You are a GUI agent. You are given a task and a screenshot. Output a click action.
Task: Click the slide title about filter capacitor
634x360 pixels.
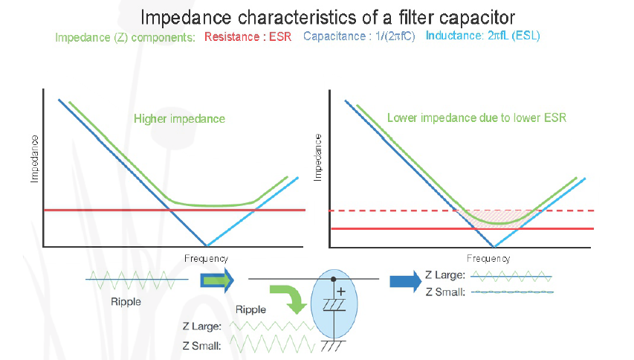tap(328, 17)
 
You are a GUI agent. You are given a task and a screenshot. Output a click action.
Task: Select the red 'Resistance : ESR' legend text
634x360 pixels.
tap(248, 36)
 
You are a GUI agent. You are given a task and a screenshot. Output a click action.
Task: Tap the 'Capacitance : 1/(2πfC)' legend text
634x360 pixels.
tap(359, 36)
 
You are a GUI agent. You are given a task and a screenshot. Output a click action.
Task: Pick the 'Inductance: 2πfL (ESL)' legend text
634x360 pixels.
tap(483, 36)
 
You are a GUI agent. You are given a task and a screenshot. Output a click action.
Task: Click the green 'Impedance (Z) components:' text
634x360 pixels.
tap(125, 37)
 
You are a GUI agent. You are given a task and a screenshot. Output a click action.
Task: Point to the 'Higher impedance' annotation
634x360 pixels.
tap(180, 118)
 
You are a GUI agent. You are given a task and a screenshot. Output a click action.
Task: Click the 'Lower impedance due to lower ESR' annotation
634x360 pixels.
tap(476, 118)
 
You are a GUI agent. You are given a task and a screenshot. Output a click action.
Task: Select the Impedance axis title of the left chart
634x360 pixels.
tap(34, 159)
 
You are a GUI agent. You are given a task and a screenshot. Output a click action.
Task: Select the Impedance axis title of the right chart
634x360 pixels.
tap(318, 158)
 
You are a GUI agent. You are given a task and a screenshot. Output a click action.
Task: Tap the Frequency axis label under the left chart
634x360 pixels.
tap(206, 259)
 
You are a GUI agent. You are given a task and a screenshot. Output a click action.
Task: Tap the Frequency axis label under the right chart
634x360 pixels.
tap(488, 259)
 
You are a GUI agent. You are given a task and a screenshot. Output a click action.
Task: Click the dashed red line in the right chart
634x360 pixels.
tap(462, 210)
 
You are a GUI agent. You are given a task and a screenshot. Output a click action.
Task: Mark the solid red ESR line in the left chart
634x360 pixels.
tap(174, 210)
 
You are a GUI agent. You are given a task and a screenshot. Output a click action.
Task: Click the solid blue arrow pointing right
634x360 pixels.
tap(406, 281)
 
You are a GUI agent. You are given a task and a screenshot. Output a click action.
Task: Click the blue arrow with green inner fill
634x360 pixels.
tap(217, 280)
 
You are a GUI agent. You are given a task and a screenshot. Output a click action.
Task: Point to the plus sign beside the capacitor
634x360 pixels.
tap(341, 292)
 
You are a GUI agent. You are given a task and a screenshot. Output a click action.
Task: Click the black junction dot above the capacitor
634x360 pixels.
tap(333, 279)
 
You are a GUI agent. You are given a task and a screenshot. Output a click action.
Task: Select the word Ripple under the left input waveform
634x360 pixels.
tap(126, 302)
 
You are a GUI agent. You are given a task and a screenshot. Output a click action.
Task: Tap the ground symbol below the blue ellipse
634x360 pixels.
tap(333, 345)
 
